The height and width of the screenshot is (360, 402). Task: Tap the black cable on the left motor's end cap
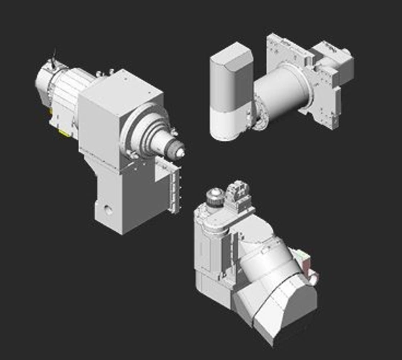point(52,55)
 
